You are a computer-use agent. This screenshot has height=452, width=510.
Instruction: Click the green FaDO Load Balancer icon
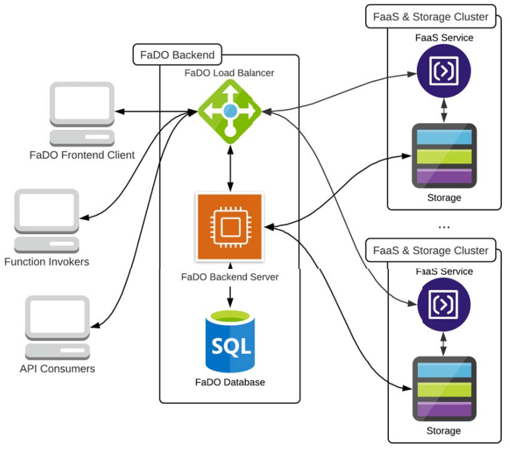click(230, 110)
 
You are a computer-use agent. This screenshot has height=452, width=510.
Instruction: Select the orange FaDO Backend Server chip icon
click(229, 227)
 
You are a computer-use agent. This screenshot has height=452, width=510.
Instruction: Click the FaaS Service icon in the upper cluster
click(444, 72)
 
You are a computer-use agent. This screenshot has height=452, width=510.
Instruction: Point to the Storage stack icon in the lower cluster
click(444, 390)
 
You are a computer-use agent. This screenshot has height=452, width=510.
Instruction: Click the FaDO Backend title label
click(177, 55)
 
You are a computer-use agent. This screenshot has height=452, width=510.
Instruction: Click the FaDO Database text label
click(230, 382)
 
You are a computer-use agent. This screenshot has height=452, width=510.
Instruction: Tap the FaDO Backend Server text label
click(230, 276)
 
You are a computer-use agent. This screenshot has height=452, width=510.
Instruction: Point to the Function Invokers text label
click(47, 261)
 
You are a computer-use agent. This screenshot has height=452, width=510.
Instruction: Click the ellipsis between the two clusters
click(444, 227)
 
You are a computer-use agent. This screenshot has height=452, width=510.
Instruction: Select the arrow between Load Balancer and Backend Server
click(230, 167)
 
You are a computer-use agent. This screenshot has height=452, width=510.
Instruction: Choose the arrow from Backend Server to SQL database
click(230, 294)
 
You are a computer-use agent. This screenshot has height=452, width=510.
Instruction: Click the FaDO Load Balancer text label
click(229, 73)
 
